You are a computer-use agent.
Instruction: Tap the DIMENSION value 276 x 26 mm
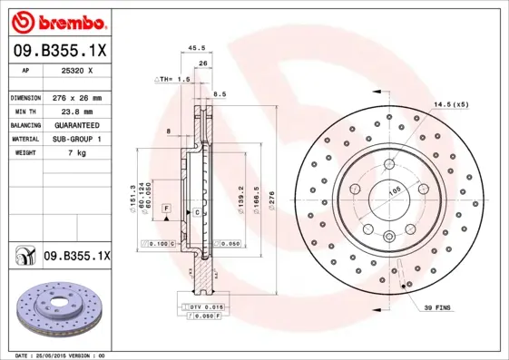(x=76, y=97)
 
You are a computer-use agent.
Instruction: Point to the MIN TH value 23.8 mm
(x=76, y=111)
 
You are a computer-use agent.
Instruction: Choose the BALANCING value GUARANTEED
(x=76, y=124)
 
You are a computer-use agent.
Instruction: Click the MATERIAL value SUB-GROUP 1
(x=76, y=139)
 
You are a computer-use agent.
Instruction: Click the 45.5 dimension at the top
(x=192, y=49)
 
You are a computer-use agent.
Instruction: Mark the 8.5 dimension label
(x=220, y=93)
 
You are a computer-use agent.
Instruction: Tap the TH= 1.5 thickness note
(x=175, y=79)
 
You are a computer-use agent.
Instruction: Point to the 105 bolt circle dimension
(x=396, y=190)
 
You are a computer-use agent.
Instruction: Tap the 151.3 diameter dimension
(x=133, y=192)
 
